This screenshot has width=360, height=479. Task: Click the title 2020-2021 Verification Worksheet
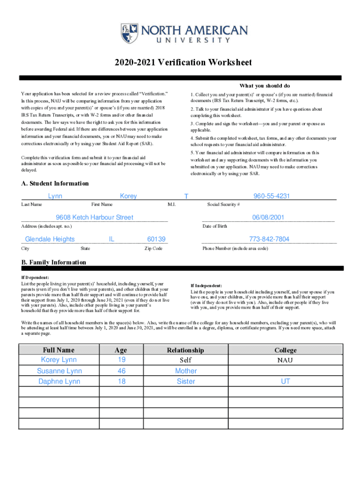point(180,63)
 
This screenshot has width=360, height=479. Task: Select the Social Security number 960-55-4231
point(272,196)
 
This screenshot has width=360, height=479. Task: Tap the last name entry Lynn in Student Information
point(55,196)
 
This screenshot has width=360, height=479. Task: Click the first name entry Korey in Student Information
point(128,196)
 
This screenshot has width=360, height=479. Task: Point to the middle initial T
point(186,197)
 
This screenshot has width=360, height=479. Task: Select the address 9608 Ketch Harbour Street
point(94,218)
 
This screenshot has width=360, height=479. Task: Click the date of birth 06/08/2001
point(268,218)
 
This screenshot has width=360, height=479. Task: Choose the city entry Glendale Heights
point(50,239)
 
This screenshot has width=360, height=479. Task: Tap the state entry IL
point(112,239)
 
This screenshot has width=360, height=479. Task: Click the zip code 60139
point(156,239)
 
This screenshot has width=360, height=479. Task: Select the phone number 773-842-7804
point(269,239)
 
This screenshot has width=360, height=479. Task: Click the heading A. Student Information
point(55,183)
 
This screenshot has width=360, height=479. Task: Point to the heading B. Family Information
point(54,262)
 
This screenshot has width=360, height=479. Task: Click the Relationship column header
point(186,350)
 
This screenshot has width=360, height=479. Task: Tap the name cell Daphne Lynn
point(59,382)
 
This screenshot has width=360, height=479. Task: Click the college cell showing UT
point(285,382)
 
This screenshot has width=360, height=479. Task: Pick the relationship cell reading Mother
point(186,371)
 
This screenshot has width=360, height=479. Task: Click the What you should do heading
point(265,86)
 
